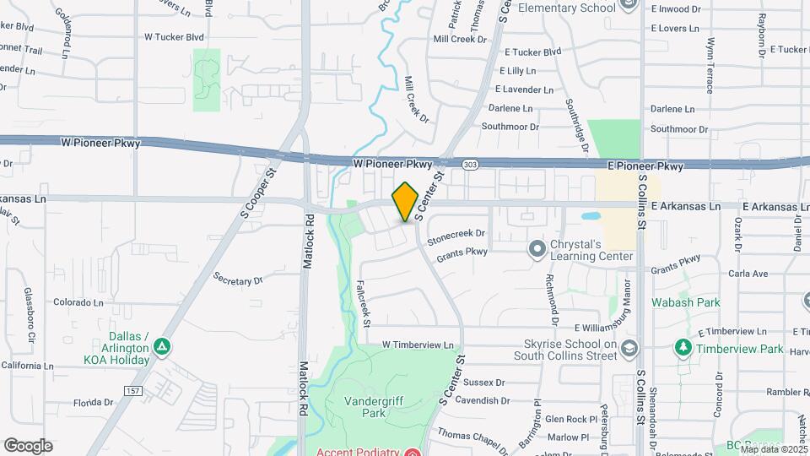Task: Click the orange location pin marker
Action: pyautogui.click(x=405, y=201)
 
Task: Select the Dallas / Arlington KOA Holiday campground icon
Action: pyautogui.click(x=161, y=346)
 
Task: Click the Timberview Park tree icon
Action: pyautogui.click(x=683, y=347)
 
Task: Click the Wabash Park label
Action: pyautogui.click(x=685, y=301)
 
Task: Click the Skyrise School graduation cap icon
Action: pyautogui.click(x=629, y=348)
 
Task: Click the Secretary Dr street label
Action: pyautogui.click(x=239, y=279)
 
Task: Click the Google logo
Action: pyautogui.click(x=28, y=445)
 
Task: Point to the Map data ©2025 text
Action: pyautogui.click(x=772, y=449)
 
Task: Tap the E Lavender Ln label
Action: pyautogui.click(x=524, y=89)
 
